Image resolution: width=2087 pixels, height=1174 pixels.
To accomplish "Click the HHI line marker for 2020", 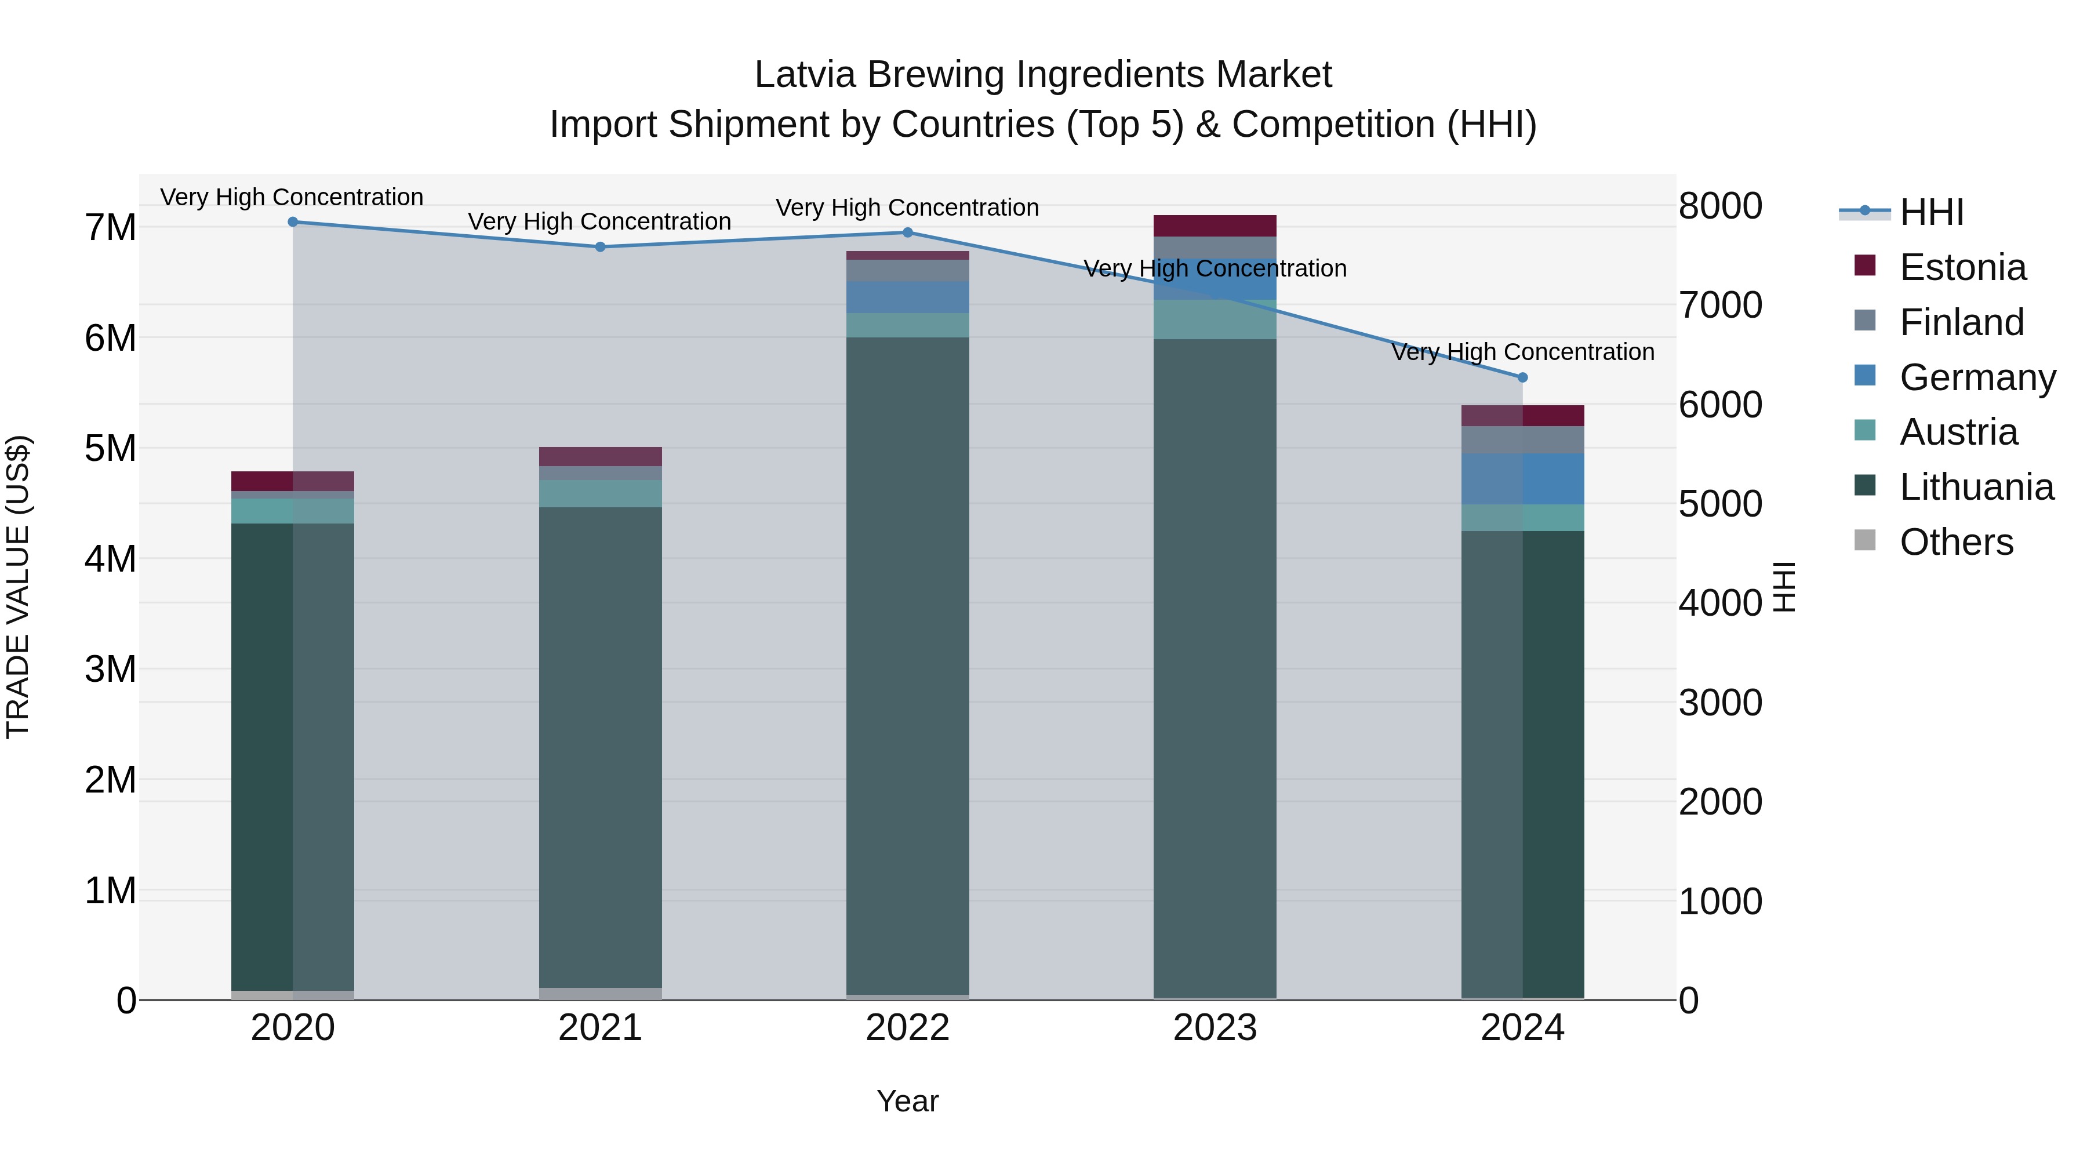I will (293, 222).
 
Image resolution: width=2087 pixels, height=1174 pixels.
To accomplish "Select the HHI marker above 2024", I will (1522, 377).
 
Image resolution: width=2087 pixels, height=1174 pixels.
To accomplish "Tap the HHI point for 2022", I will (907, 232).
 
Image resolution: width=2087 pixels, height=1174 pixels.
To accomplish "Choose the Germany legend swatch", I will (1864, 376).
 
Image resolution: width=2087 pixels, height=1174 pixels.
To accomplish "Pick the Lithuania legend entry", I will (1976, 487).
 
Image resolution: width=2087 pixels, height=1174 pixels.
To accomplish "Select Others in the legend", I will (1956, 542).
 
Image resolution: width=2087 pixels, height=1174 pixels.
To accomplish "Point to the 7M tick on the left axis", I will (110, 228).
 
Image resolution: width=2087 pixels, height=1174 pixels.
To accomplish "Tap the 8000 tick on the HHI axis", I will (1720, 206).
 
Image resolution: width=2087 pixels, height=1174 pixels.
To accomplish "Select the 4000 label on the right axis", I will (1720, 603).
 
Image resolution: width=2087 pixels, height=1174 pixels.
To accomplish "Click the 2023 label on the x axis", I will (1215, 1028).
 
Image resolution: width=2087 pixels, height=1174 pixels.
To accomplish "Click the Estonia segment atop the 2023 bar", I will (1215, 226).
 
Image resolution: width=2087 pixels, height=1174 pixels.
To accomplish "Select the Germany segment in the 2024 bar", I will (1522, 479).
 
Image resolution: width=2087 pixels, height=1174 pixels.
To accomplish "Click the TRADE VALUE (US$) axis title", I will (18, 587).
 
